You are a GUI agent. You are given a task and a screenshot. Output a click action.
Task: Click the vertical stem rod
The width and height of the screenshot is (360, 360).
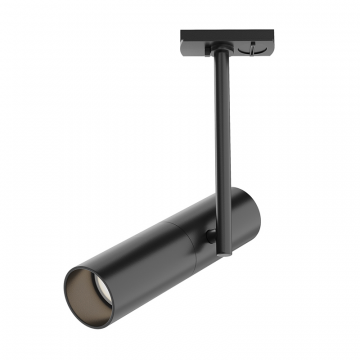point(218,130)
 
